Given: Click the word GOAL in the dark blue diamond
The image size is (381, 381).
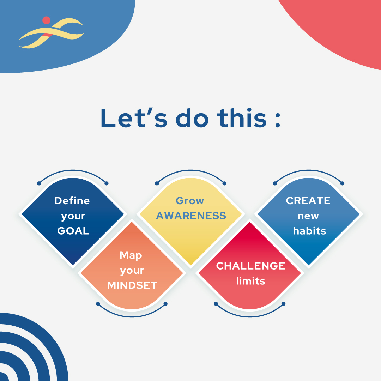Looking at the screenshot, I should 73,231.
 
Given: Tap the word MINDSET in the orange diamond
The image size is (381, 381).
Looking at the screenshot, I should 132,285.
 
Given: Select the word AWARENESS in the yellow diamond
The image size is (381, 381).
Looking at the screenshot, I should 191,216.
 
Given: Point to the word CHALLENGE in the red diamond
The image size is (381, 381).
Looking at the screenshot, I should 250,266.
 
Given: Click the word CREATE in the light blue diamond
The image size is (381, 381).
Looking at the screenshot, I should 308,200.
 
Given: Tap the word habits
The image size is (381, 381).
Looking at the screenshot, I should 309,231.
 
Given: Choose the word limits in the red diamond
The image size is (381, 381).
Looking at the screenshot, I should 250,281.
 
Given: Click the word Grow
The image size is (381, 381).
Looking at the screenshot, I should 190,200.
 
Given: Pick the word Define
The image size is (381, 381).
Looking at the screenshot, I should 72,200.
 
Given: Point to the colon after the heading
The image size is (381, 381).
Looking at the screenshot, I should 277,120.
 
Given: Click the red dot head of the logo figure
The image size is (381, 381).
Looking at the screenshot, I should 46,20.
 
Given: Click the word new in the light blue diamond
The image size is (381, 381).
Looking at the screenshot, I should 308,216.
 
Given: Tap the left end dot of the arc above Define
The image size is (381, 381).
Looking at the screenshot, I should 39,183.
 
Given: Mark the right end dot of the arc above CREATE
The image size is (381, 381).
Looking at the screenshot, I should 342,183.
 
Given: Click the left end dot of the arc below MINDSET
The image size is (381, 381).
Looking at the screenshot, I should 98,303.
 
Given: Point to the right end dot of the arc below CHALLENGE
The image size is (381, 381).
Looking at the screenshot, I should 283,303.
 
